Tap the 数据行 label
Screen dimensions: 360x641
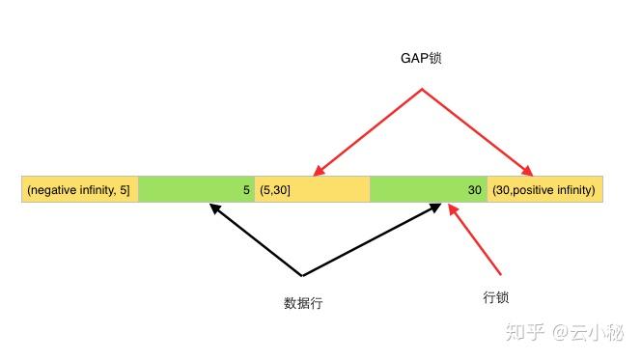point(302,303)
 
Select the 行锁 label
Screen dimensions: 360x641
point(495,297)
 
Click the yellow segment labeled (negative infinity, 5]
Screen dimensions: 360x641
point(80,190)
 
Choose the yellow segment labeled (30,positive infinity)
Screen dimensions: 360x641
point(544,190)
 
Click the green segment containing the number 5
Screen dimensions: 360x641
point(196,190)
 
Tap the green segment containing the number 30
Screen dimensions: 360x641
point(428,190)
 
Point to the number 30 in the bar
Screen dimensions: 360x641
point(474,190)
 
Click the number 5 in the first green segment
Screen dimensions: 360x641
point(246,190)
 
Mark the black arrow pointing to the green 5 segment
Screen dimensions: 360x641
point(255,238)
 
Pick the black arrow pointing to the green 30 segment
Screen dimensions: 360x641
point(372,240)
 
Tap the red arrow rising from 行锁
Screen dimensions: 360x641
point(476,238)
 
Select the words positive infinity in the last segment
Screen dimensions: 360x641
point(554,190)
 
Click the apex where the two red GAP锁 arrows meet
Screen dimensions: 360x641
point(422,90)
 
